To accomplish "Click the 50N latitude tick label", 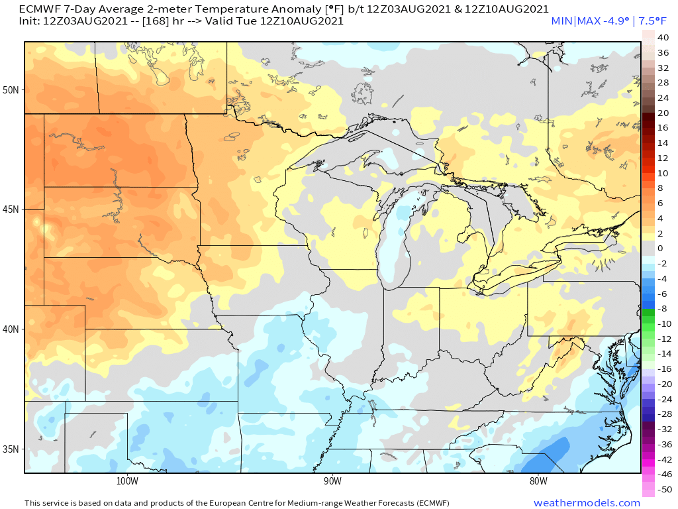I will click(13, 89).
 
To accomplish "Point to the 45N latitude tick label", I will click(13, 209).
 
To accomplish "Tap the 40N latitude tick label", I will click(13, 329).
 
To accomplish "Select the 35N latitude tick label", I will click(13, 449).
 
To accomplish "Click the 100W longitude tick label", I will click(126, 481).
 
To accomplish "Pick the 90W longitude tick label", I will click(332, 481).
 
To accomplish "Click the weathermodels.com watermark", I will click(587, 503).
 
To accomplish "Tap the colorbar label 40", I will click(663, 38).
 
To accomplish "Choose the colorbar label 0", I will click(659, 248).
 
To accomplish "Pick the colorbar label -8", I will click(662, 308).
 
